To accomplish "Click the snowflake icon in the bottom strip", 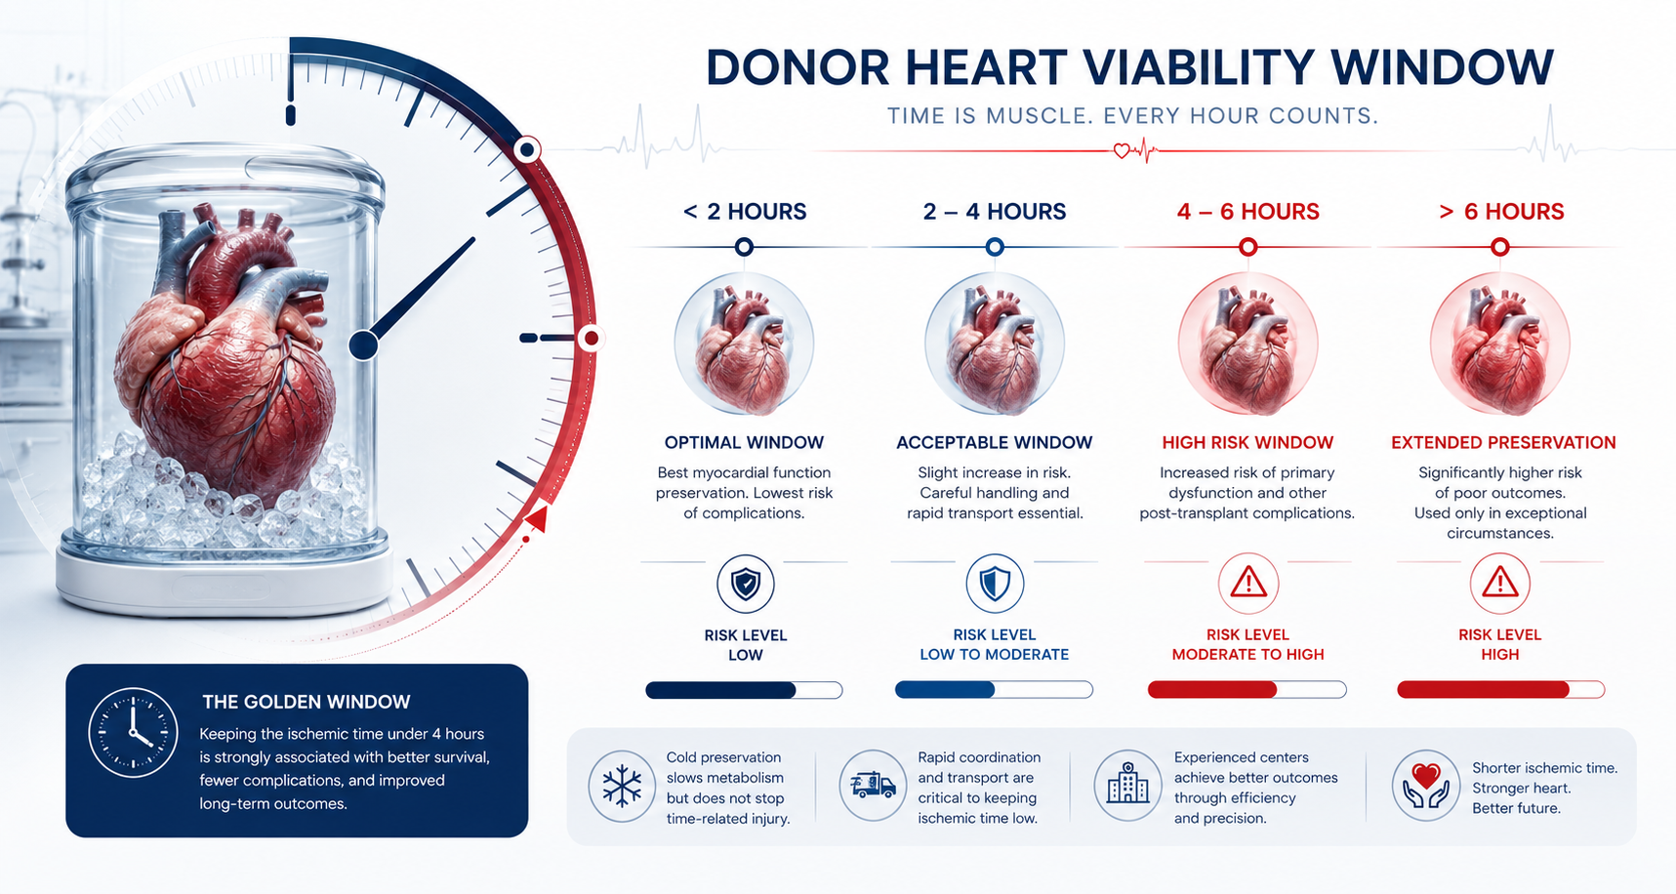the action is click(622, 786).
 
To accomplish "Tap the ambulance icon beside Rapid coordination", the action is click(873, 785).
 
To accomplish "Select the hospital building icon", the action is click(1127, 785).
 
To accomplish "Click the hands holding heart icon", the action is click(1426, 786).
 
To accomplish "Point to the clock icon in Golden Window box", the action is click(133, 732).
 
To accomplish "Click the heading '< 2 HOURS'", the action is click(745, 212).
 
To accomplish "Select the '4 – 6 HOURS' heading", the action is click(1247, 212).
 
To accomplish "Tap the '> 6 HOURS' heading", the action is click(1501, 212).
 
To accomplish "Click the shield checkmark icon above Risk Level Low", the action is click(746, 584).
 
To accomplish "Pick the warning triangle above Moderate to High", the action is click(1248, 584).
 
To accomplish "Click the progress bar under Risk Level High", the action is click(1500, 690).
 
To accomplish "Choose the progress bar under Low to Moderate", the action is click(994, 690).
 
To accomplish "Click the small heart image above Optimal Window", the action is click(744, 344).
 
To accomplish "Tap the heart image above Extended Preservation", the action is click(1500, 344).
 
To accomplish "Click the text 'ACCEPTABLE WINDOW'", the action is click(994, 442).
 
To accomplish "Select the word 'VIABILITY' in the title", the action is click(1199, 68).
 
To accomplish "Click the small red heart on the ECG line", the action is click(1122, 151).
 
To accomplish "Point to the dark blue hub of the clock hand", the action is click(363, 345).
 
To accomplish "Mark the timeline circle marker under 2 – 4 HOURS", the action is click(995, 247).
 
